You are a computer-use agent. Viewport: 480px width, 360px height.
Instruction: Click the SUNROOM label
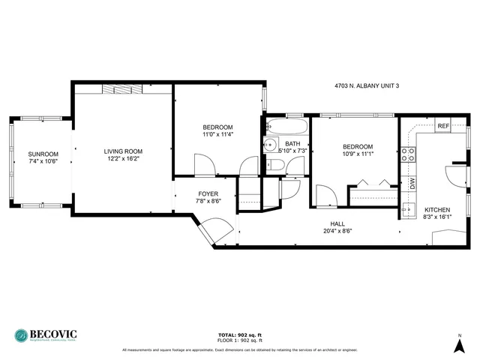(x=43, y=154)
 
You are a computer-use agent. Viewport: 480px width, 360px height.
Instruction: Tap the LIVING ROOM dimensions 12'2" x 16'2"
(x=121, y=159)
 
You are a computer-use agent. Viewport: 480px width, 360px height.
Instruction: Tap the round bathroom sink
(x=270, y=145)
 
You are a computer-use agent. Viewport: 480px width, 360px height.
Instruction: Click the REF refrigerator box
(x=442, y=126)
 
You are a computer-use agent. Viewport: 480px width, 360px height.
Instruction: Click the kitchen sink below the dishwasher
(x=408, y=208)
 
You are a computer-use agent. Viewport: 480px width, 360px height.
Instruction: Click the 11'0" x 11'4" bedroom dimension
(x=217, y=135)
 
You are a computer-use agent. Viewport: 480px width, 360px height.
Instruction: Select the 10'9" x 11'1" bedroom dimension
(x=358, y=154)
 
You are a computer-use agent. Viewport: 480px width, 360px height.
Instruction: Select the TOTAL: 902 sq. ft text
(x=239, y=334)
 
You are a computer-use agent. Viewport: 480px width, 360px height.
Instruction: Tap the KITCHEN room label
(x=437, y=209)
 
